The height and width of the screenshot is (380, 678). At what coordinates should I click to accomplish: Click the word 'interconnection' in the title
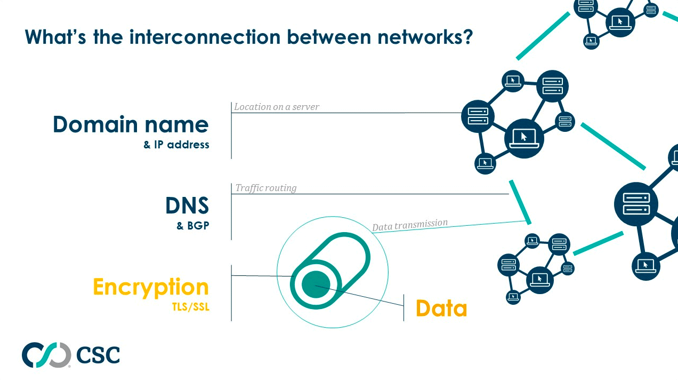pyautogui.click(x=205, y=37)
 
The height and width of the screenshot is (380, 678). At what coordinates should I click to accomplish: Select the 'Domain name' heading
pyautogui.click(x=131, y=124)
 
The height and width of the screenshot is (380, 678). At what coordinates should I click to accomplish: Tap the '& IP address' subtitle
pyautogui.click(x=176, y=145)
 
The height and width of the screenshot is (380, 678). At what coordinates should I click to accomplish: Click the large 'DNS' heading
pyautogui.click(x=188, y=205)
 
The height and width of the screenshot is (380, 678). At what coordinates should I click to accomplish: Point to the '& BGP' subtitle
pyautogui.click(x=193, y=225)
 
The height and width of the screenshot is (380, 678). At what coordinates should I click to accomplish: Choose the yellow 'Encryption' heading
pyautogui.click(x=151, y=287)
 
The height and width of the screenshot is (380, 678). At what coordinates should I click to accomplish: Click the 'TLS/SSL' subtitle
pyautogui.click(x=191, y=307)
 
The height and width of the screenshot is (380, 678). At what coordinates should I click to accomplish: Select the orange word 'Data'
pyautogui.click(x=441, y=308)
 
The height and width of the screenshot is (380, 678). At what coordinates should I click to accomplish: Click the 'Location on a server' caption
pyautogui.click(x=276, y=107)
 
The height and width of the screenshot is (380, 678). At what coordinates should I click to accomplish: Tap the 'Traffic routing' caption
pyautogui.click(x=266, y=188)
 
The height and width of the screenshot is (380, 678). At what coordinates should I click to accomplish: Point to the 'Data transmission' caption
pyautogui.click(x=410, y=225)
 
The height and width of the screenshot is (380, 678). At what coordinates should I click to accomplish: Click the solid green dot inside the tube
pyautogui.click(x=316, y=284)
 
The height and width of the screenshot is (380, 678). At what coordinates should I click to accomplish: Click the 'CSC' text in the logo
pyautogui.click(x=98, y=355)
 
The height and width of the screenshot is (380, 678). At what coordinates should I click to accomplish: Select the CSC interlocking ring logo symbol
pyautogui.click(x=46, y=355)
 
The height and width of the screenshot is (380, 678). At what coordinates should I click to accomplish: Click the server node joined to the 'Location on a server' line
pyautogui.click(x=478, y=116)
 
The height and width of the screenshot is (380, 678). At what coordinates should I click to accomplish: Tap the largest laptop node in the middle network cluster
pyautogui.click(x=524, y=138)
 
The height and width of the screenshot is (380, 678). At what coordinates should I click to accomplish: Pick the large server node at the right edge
pyautogui.click(x=636, y=204)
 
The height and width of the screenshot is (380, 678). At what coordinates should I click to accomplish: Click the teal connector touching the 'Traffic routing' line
pyautogui.click(x=520, y=202)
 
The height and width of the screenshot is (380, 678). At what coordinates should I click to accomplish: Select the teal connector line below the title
pyautogui.click(x=543, y=36)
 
